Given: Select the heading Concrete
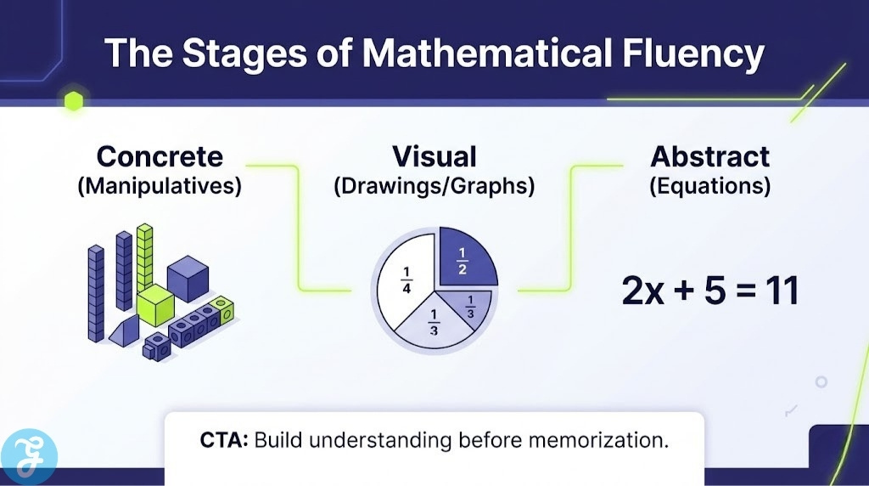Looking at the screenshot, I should (x=160, y=156).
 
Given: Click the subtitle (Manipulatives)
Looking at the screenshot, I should (x=160, y=185).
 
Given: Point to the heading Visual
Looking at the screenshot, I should (x=434, y=156).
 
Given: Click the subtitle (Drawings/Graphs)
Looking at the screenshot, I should (x=434, y=185).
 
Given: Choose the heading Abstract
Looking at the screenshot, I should (x=710, y=156).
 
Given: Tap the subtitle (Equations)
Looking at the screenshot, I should (x=710, y=185).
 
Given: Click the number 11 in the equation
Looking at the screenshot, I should (x=777, y=291).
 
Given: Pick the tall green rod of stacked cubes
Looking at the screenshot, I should (x=145, y=255).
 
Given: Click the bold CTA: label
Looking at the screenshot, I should (x=224, y=440).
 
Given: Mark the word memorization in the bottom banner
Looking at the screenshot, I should (x=604, y=440).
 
